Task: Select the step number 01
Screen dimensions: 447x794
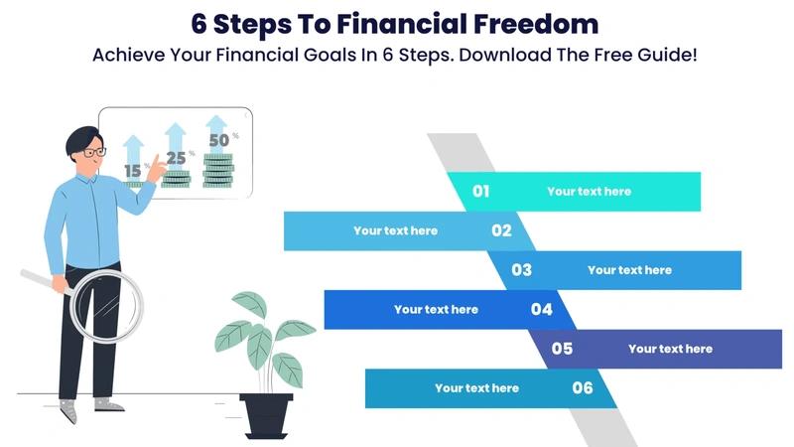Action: point(480,192)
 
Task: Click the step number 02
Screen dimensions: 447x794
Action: point(501,230)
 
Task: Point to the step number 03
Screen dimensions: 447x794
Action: point(521,270)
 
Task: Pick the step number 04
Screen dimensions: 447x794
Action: point(541,309)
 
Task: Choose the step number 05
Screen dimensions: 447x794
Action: point(562,349)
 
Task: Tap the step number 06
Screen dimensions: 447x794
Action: point(583,387)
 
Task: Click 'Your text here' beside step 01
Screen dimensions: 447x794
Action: point(589,192)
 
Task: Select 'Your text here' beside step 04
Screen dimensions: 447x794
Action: point(436,309)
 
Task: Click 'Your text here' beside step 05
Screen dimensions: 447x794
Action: point(670,349)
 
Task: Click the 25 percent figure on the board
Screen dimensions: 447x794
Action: point(176,157)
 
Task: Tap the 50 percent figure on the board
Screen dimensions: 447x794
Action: point(218,140)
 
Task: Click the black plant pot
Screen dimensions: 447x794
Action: point(266,413)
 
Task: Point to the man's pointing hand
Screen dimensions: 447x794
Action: point(156,170)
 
